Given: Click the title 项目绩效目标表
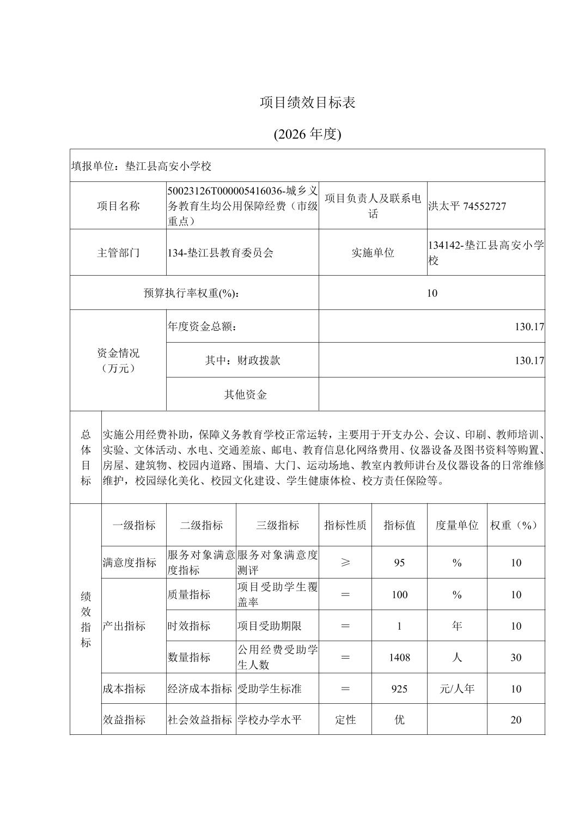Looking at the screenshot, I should coord(308,102).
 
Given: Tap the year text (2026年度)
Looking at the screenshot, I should coord(308,134).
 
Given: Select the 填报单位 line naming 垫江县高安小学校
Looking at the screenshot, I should coord(141,166).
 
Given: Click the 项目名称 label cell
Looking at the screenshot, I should coord(118,206).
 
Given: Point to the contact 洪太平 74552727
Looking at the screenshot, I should coord(467,206).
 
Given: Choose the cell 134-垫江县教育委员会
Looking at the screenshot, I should coord(221,253).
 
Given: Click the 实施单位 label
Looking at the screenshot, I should coord(373,253).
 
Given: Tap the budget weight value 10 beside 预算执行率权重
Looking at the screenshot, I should coord(432,293).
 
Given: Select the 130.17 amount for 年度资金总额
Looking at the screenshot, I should coord(529,327).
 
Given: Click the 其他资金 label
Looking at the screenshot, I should coord(245,394).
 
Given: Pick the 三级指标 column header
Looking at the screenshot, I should coord(277,525).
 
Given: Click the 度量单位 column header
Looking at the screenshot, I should coord(457,525).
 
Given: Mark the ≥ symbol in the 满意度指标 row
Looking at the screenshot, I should coord(345,563).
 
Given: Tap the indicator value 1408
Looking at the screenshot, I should coord(399,657).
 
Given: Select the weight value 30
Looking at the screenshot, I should coord(516,657).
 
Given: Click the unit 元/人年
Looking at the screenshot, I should coord(457,689).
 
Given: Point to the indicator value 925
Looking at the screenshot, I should coord(399,689).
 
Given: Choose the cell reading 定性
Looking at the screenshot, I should coord(345,720).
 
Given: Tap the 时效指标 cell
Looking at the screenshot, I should coord(189,626).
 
